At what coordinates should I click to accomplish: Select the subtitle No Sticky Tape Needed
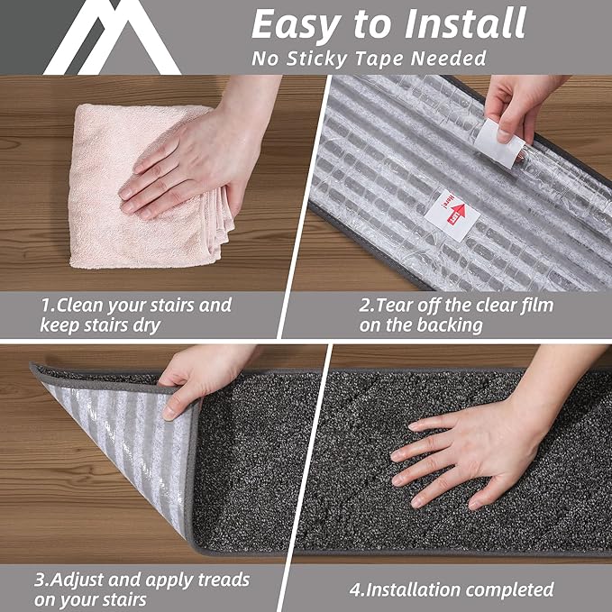[x=369, y=59]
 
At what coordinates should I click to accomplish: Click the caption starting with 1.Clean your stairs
[x=135, y=315]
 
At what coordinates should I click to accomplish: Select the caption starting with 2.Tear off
[x=456, y=315]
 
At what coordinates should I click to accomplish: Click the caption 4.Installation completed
[x=451, y=590]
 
